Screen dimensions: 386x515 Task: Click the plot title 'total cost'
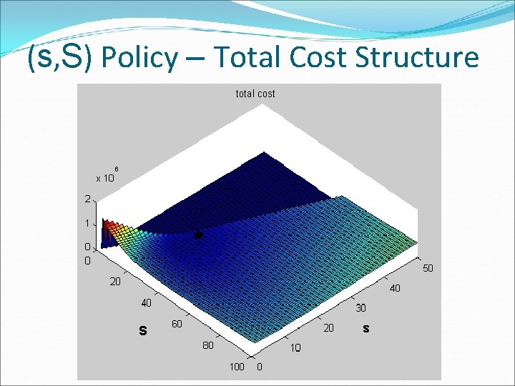255,94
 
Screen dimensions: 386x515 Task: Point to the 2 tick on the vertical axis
87,199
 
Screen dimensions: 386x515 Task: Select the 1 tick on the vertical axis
87,223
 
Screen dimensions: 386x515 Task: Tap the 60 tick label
176,325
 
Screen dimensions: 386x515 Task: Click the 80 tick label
207,346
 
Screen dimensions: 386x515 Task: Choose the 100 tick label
236,367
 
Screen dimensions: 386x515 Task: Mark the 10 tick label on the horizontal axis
295,348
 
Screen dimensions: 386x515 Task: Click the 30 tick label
362,308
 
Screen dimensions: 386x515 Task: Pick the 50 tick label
428,269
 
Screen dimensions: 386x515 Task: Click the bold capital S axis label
143,330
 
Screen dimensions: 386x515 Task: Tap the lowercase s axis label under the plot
366,329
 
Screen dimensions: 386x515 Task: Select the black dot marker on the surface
200,234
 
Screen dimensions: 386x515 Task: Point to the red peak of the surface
108,227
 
